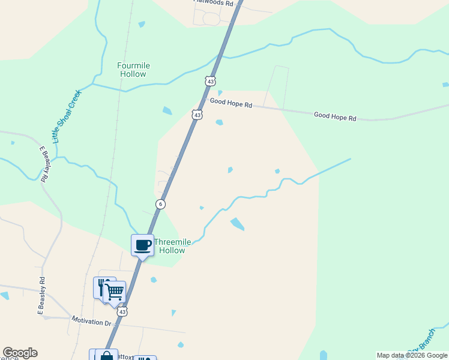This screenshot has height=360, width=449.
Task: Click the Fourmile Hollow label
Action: click(x=133, y=70)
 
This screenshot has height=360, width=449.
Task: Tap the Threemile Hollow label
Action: click(x=172, y=246)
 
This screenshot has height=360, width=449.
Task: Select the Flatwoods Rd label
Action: click(x=214, y=3)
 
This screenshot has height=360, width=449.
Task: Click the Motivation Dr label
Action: click(x=92, y=322)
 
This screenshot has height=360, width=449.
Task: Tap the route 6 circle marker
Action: click(x=160, y=205)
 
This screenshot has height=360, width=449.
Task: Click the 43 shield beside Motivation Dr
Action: click(x=122, y=312)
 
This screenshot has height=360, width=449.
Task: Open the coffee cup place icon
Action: click(x=142, y=245)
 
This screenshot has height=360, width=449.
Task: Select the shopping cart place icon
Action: click(x=114, y=292)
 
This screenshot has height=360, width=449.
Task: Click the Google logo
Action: click(x=20, y=353)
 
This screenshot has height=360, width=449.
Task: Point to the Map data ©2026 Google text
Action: click(x=412, y=355)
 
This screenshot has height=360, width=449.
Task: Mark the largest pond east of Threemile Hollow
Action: click(x=237, y=224)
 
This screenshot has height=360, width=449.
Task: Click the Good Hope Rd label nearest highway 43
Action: click(x=231, y=103)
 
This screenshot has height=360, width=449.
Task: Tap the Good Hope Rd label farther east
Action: click(x=335, y=116)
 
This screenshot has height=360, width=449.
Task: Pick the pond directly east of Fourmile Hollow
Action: click(x=166, y=110)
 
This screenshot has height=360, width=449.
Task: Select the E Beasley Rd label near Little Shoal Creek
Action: click(x=44, y=163)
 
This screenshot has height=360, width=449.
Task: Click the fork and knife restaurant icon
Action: click(x=103, y=287)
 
